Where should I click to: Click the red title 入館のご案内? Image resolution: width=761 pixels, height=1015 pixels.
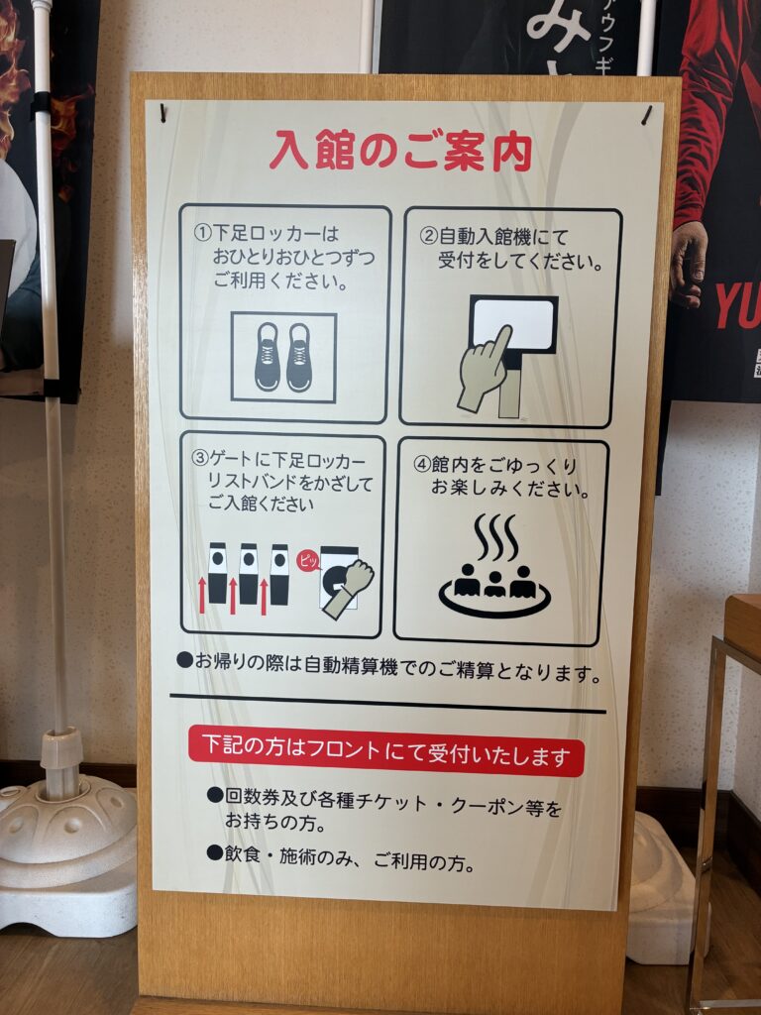400,152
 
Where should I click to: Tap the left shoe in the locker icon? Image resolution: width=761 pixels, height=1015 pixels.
268,357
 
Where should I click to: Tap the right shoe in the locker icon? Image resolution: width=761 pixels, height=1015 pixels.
299,357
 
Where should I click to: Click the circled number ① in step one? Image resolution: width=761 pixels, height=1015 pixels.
202,234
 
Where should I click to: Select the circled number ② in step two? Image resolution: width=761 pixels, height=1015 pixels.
428,236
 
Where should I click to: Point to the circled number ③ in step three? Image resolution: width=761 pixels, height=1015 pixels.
200,459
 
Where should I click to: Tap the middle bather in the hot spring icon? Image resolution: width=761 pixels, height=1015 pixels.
494,584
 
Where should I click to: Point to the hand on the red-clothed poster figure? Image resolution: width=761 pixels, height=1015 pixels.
689,263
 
